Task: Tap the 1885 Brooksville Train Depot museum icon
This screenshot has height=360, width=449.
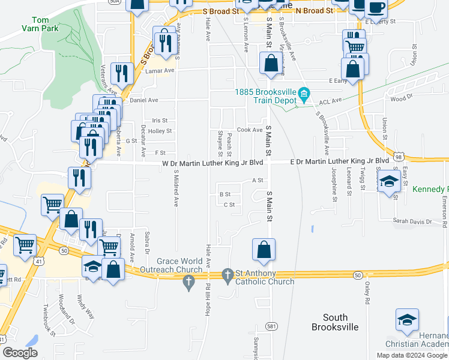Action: [x=304, y=93]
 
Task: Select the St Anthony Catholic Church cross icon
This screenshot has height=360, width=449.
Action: [x=228, y=275]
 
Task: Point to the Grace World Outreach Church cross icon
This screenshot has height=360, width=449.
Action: [x=189, y=283]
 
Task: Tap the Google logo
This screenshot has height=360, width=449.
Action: [x=20, y=352]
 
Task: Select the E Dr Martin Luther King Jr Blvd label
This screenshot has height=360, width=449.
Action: [x=339, y=161]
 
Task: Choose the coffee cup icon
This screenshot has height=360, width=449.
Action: [x=376, y=8]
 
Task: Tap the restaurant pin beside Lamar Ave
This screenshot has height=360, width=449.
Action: [x=122, y=73]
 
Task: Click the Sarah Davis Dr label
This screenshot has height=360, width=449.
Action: [x=412, y=221]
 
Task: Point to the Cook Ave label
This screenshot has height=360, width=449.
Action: [x=250, y=130]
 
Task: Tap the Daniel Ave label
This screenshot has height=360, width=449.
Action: [x=144, y=100]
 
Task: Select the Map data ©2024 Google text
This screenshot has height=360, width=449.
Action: [x=411, y=355]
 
